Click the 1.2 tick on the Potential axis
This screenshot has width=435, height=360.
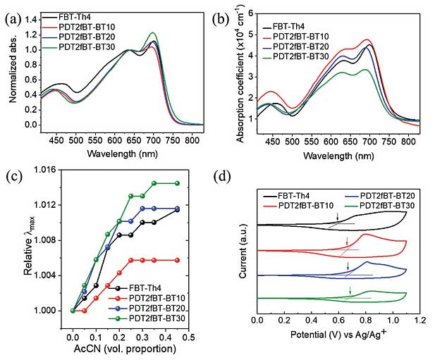coord(421,322)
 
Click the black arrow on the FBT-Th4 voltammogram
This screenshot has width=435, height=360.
coord(338,216)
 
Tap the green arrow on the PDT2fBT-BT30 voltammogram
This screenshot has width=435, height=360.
coord(350,290)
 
